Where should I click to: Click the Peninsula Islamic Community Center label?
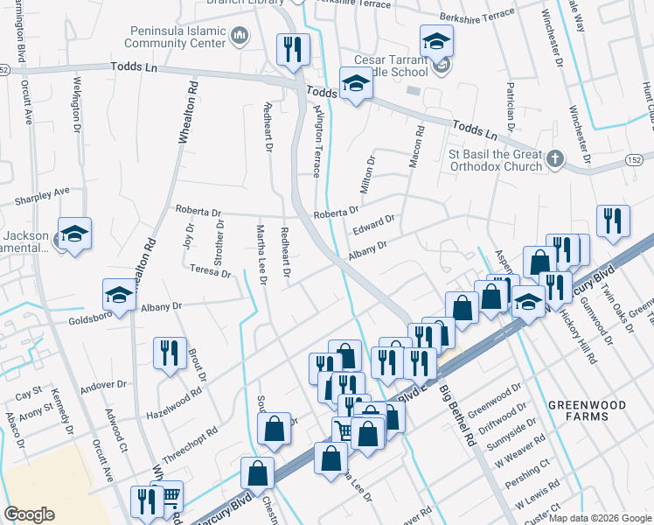pos(177,36)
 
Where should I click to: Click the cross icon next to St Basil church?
pos(554,158)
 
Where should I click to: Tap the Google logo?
pos(29,514)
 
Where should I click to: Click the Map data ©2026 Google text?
pos(600,518)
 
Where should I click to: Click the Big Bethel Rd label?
pos(458,416)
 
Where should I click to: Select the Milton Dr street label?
pos(367,174)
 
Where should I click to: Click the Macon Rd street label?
pos(416,146)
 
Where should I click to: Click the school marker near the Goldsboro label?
pos(120,294)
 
